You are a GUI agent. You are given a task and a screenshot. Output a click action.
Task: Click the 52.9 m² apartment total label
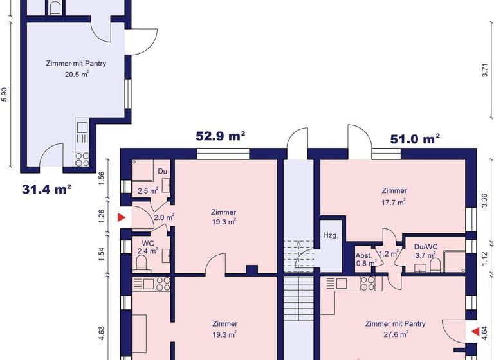(221, 136)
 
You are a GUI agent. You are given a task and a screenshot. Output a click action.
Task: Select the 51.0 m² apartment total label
(416, 139)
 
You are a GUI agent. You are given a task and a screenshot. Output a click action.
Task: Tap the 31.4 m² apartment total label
(46, 189)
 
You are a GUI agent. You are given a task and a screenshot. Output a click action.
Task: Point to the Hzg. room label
(330, 236)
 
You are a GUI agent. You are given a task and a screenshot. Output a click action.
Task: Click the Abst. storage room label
(364, 255)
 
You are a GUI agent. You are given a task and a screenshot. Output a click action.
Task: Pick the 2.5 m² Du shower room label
(148, 191)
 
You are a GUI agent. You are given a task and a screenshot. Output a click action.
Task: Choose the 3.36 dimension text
(485, 200)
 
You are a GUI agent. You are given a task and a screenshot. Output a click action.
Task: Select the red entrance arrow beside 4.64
(475, 332)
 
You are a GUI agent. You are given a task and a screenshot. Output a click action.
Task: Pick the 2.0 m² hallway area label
(164, 217)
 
